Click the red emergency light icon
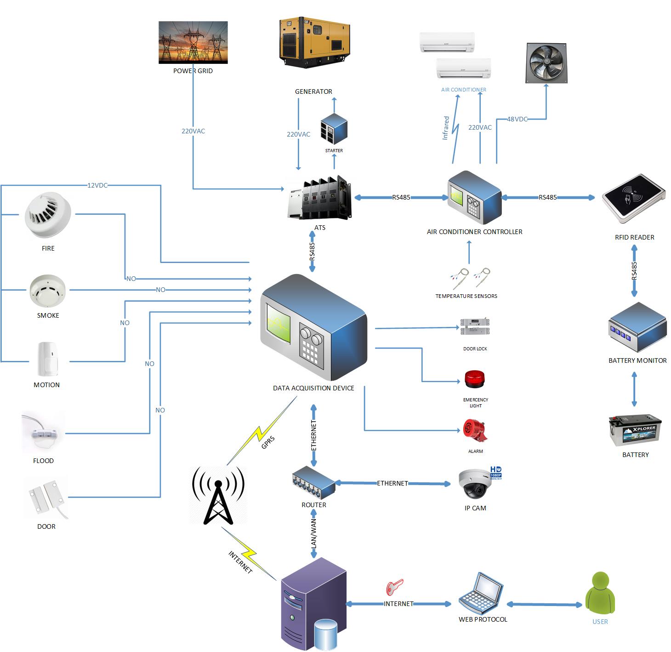tap(474, 379)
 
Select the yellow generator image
tap(314, 42)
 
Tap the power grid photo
tap(193, 42)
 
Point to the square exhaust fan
tap(546, 63)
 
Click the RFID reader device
tap(634, 198)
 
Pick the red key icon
tap(394, 587)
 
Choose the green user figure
tap(600, 593)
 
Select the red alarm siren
tap(475, 430)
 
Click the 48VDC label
tap(517, 119)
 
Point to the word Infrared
tap(445, 128)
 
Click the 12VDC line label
tap(97, 185)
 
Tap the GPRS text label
tap(268, 442)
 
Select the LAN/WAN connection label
tap(313, 532)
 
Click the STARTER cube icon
tap(334, 129)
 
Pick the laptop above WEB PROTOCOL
tap(480, 592)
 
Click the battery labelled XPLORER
tap(635, 430)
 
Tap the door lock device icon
tap(475, 326)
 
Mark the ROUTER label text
tap(313, 504)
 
